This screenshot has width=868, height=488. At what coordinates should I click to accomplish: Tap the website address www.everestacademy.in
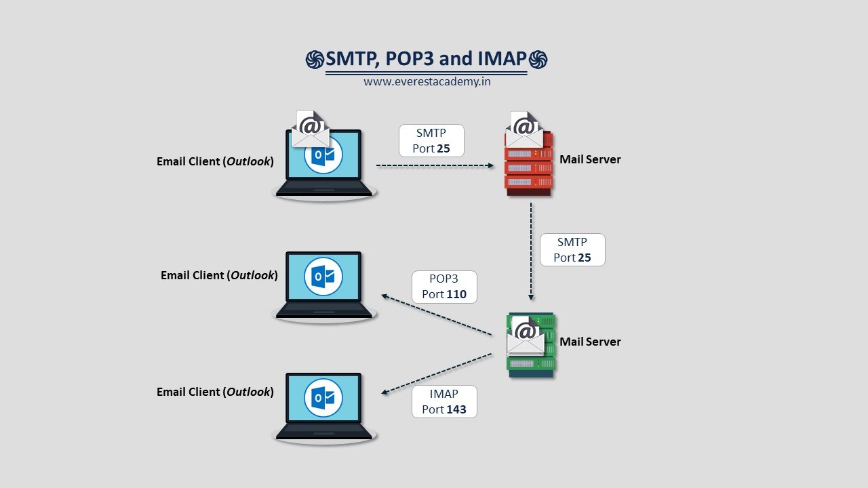coord(427,81)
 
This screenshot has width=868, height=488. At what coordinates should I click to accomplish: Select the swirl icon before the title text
coord(315,60)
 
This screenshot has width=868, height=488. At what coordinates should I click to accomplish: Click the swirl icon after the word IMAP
coord(538,60)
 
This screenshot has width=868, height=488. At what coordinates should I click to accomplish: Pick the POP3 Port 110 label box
coord(444,287)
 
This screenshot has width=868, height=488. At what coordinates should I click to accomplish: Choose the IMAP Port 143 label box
coord(444,402)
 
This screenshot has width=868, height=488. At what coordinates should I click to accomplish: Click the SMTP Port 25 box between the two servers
coord(572,250)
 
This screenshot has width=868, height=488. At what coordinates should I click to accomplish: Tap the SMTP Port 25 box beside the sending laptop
coord(431,140)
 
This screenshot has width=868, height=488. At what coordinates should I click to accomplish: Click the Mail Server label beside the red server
coord(590,160)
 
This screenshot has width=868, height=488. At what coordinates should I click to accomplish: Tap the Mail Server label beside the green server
coord(590,342)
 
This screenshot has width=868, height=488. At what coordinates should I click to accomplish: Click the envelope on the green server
coord(526,335)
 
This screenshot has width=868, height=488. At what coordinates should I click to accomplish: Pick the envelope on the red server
coord(524,129)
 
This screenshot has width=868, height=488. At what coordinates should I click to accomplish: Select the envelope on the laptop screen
coord(311,129)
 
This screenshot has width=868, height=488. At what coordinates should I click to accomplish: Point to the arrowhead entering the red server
coord(490,165)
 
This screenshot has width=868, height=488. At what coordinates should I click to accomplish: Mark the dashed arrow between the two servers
coord(531,251)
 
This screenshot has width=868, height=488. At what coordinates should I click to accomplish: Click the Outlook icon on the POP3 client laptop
coord(323,276)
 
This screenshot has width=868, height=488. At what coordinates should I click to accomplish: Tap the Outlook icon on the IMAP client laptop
coord(323,397)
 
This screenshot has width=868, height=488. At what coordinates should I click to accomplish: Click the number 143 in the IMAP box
coord(456,410)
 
